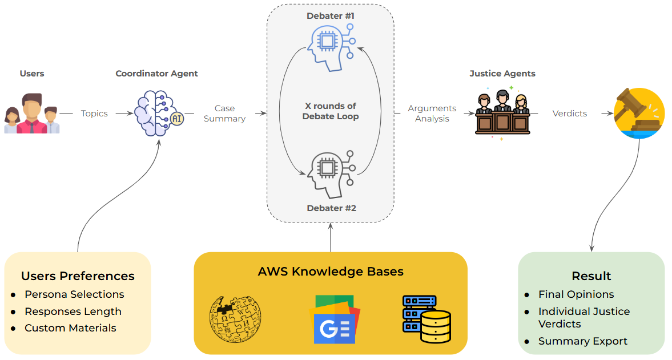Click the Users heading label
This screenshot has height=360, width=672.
[x=32, y=74]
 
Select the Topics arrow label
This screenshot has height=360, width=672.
[x=94, y=114]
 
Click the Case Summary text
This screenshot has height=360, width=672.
[x=224, y=114]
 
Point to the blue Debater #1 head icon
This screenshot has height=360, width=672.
[x=330, y=46]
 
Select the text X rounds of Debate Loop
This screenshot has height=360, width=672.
[x=331, y=111]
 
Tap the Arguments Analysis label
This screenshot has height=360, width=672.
[x=432, y=114]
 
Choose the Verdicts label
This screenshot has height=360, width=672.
[x=569, y=114]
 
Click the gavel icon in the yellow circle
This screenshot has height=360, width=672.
[x=639, y=114]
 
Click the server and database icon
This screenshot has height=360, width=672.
[x=426, y=319]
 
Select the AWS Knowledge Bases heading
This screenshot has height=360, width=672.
[x=331, y=272]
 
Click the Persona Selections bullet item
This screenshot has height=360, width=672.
[x=74, y=294]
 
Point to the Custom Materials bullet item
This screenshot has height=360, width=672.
[x=70, y=328]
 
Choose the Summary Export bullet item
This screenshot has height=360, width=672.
[x=582, y=341]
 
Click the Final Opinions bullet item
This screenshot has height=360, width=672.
[x=576, y=294]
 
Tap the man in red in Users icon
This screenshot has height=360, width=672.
[x=32, y=114]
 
